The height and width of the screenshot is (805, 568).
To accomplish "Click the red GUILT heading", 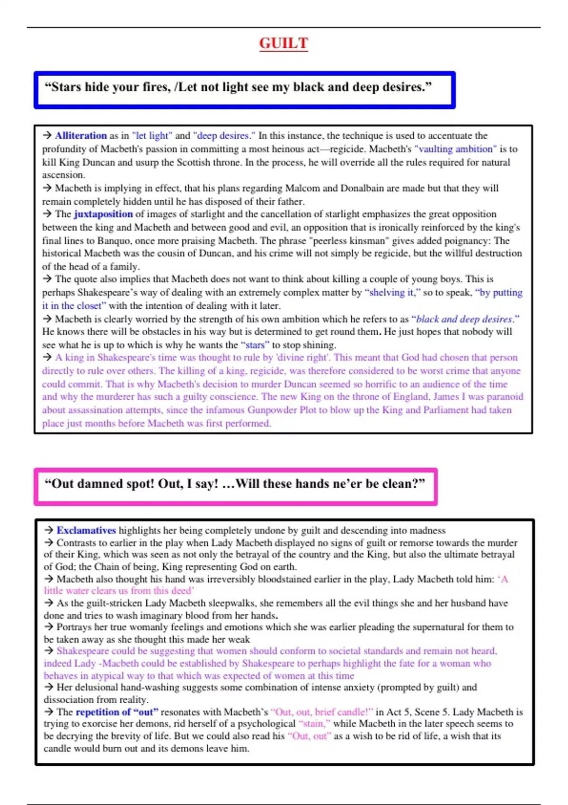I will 284,43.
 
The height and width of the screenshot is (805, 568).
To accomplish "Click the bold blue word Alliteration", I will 80,135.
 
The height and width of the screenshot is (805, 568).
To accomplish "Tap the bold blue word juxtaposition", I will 103,214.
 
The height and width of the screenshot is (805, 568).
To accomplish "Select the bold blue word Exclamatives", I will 86,530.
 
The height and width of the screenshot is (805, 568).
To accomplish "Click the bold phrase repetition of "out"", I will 117,712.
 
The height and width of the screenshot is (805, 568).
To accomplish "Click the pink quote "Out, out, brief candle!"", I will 321,712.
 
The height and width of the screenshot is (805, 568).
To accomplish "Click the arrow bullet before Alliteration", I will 47,135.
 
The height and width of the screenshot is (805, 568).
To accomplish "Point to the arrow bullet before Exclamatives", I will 49,530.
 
